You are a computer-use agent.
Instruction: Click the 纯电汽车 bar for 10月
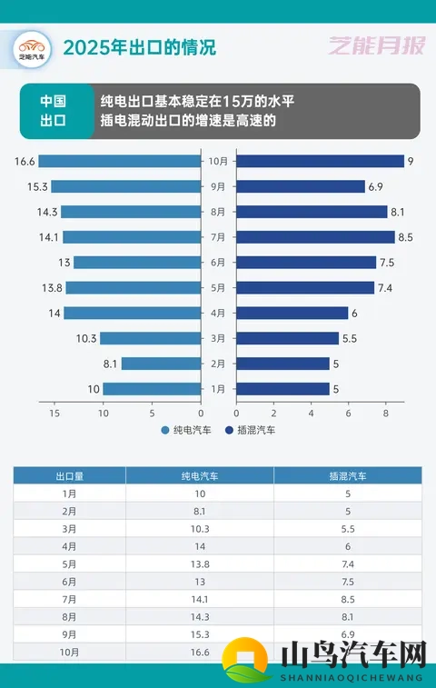pyautogui.click(x=120, y=161)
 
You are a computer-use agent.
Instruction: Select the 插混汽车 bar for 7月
pyautogui.click(x=315, y=237)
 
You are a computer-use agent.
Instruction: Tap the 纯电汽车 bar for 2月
pyautogui.click(x=161, y=364)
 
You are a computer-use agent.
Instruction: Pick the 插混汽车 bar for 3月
pyautogui.click(x=287, y=338)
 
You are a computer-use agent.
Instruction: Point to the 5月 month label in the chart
pyautogui.click(x=218, y=288)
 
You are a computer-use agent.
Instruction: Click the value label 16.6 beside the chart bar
pyautogui.click(x=25, y=161)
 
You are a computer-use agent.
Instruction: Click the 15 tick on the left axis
pyautogui.click(x=55, y=412)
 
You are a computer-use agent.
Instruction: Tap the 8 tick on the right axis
pyautogui.click(x=386, y=412)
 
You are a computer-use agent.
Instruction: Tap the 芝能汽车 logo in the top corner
pyautogui.click(x=32, y=46)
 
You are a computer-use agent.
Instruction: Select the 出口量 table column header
pyautogui.click(x=69, y=475)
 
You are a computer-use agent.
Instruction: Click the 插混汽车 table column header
pyautogui.click(x=347, y=475)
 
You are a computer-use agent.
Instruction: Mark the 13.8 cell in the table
pyautogui.click(x=200, y=564)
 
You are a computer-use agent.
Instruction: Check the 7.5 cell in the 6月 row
pyautogui.click(x=347, y=582)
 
